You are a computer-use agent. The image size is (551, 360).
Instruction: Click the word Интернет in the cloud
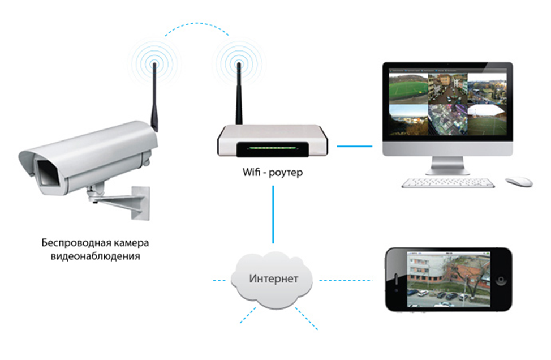(x=274, y=279)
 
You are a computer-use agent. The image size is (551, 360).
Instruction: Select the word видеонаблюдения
(x=95, y=256)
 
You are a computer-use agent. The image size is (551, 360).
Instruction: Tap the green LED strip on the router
(x=272, y=149)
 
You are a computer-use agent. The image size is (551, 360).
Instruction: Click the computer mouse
(x=518, y=181)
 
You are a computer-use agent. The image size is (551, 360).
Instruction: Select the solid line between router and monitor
(x=355, y=146)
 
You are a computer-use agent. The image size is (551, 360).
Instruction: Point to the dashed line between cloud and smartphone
(x=346, y=280)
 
